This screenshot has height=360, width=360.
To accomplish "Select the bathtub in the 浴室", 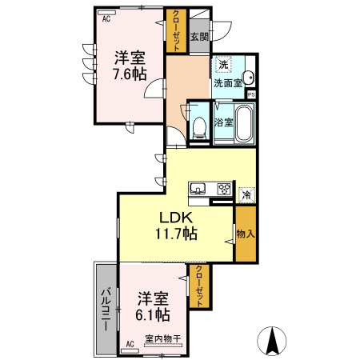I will (243, 124).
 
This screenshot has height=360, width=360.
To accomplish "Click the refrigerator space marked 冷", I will (246, 194).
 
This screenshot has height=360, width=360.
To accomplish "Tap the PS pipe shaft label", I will (251, 94).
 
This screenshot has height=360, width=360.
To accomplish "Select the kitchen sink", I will (199, 190).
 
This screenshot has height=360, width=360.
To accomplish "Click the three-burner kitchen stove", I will (223, 190).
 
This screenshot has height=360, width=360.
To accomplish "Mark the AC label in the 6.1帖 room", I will (130, 344).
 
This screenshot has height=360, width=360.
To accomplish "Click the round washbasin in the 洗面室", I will (248, 78).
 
